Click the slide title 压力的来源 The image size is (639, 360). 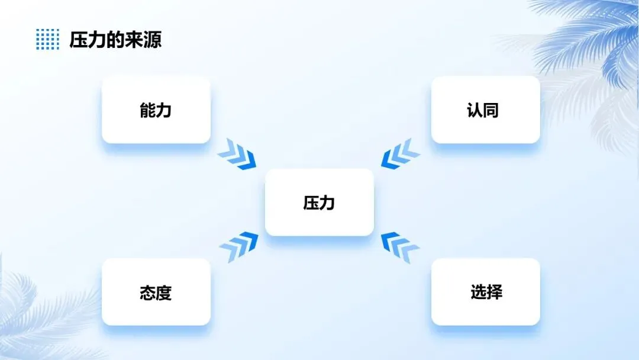click(115, 40)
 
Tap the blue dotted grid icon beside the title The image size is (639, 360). click(47, 39)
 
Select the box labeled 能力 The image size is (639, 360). click(156, 110)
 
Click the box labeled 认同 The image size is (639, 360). click(485, 110)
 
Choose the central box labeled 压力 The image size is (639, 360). click(319, 202)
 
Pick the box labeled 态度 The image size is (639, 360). click(156, 292)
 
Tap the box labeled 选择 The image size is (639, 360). click(485, 292)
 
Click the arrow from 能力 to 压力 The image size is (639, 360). click(237, 154)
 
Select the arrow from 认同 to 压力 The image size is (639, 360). click(401, 154)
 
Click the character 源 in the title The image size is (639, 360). click(152, 40)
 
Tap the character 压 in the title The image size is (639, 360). click(79, 40)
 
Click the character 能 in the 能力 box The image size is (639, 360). click(148, 110)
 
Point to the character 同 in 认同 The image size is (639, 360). click(490, 110)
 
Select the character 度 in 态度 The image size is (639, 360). click(164, 292)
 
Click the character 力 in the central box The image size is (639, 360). click(327, 203)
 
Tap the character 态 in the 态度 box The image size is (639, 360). click(148, 292)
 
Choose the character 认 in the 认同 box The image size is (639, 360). click(475, 110)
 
